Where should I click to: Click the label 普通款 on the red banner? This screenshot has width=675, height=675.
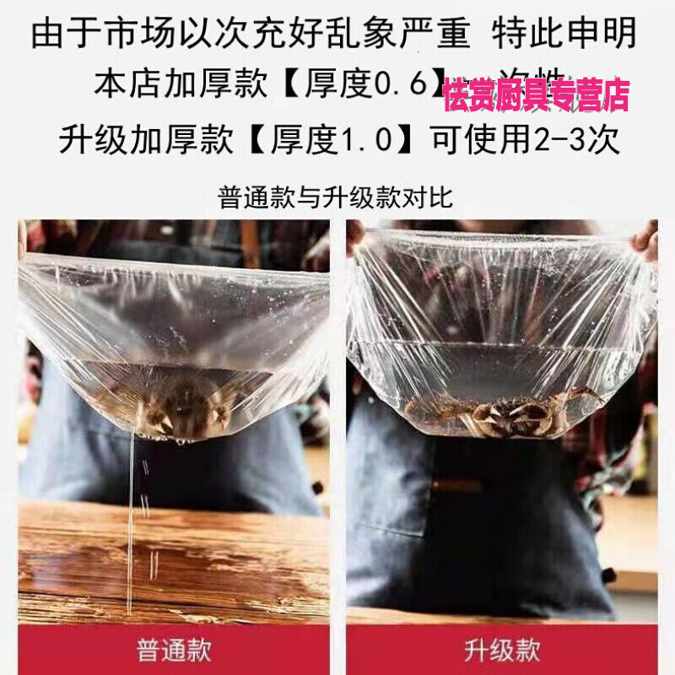click(173, 651)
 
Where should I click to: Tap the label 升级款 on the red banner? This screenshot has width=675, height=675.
click(501, 651)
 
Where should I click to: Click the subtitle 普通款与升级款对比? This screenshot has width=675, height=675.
click(336, 198)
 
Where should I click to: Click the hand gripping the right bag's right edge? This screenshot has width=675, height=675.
click(647, 241)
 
